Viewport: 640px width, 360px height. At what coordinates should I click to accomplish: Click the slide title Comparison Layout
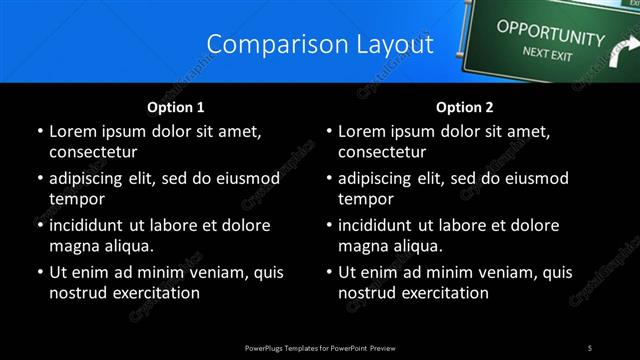320,45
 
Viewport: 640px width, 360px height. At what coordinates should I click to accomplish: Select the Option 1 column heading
176,107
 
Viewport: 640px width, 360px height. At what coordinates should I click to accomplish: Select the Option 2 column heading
465,107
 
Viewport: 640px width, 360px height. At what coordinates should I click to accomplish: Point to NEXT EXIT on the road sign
548,54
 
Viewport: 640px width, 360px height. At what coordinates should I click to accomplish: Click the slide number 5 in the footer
590,347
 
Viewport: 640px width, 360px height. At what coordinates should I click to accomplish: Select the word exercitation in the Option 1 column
155,293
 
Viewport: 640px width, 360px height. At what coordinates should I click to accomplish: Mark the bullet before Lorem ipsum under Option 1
39,131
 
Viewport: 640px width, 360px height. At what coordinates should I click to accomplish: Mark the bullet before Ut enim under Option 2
329,272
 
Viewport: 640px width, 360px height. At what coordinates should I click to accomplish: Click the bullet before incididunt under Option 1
39,225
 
